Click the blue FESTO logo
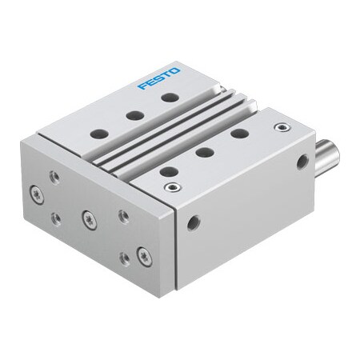tap(159, 78)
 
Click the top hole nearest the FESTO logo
tap(169, 98)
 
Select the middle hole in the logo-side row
tap(134, 115)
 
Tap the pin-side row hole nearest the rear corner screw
tap(238, 134)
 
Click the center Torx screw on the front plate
tap(86, 215)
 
